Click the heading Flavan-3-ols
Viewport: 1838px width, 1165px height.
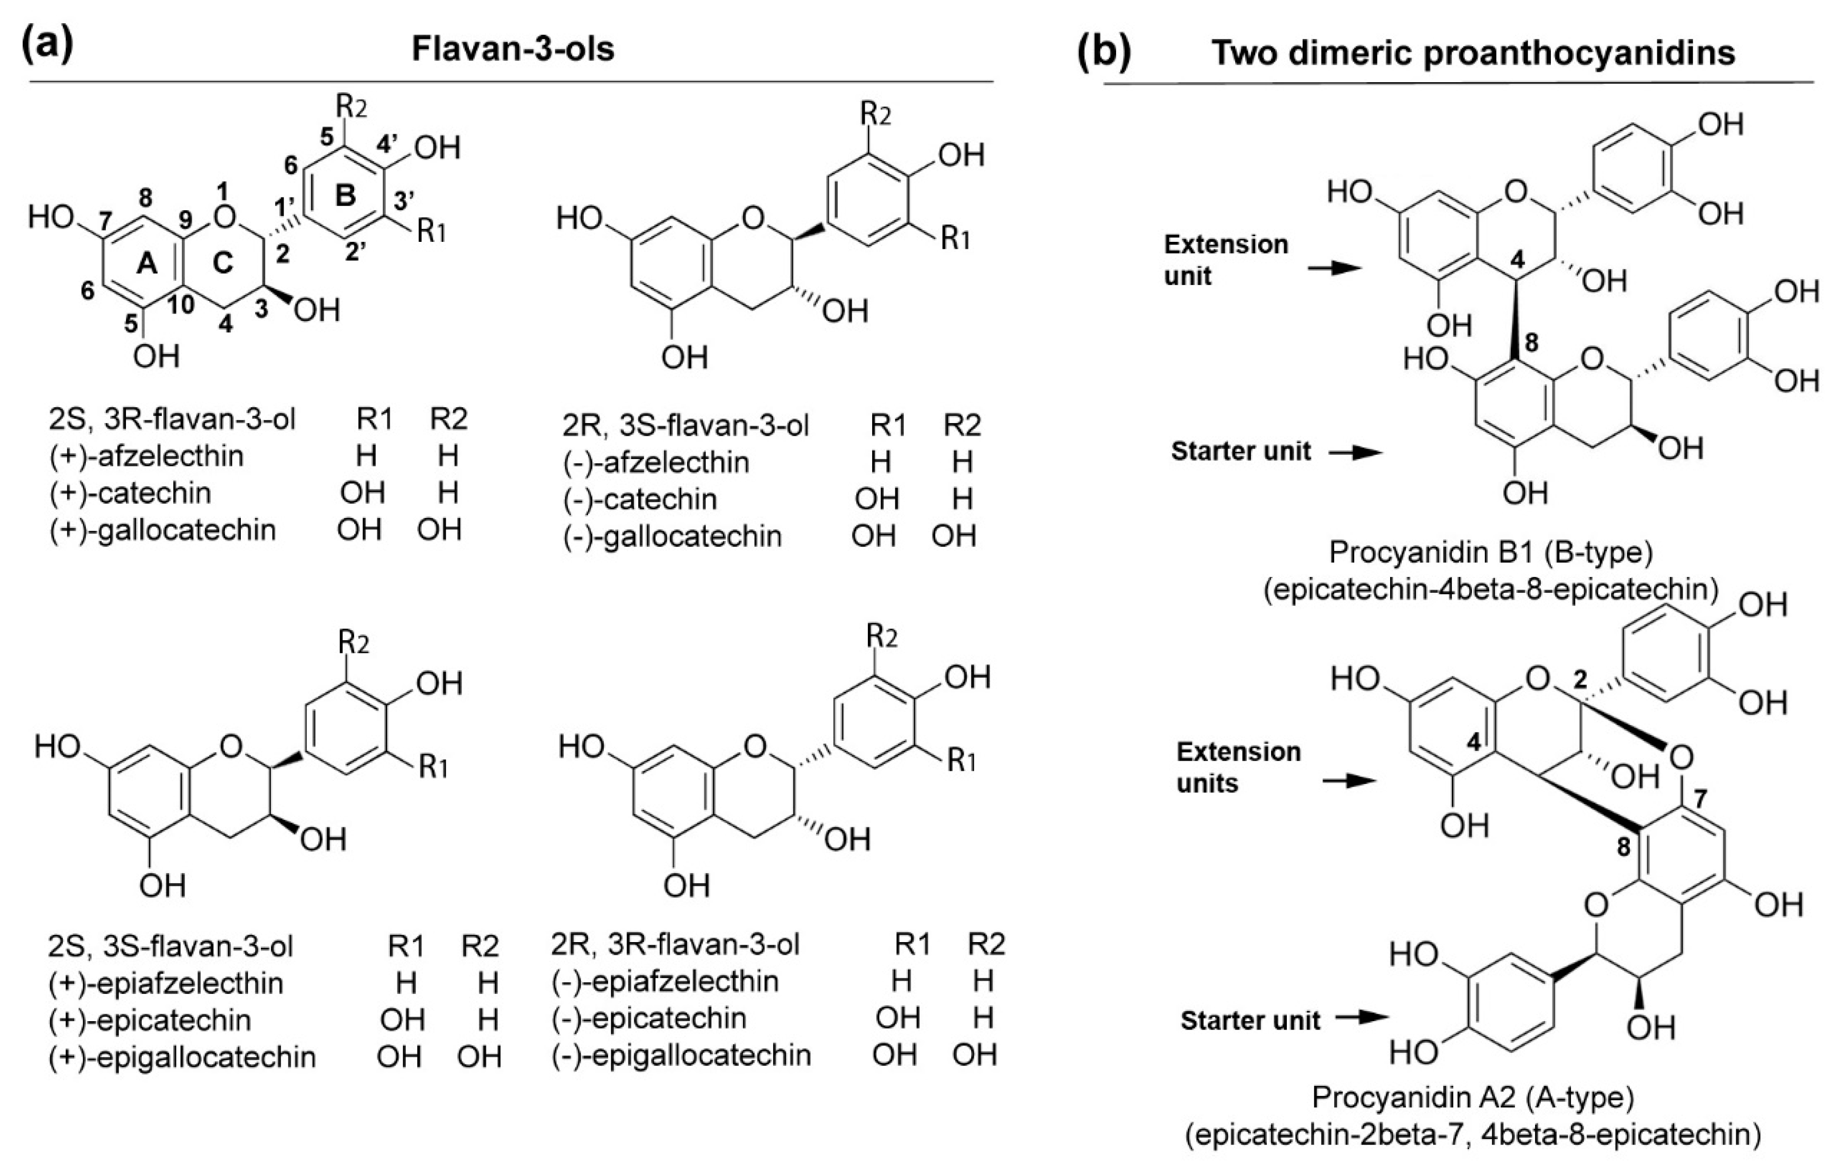point(513,49)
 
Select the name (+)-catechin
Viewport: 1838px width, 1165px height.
point(130,493)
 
